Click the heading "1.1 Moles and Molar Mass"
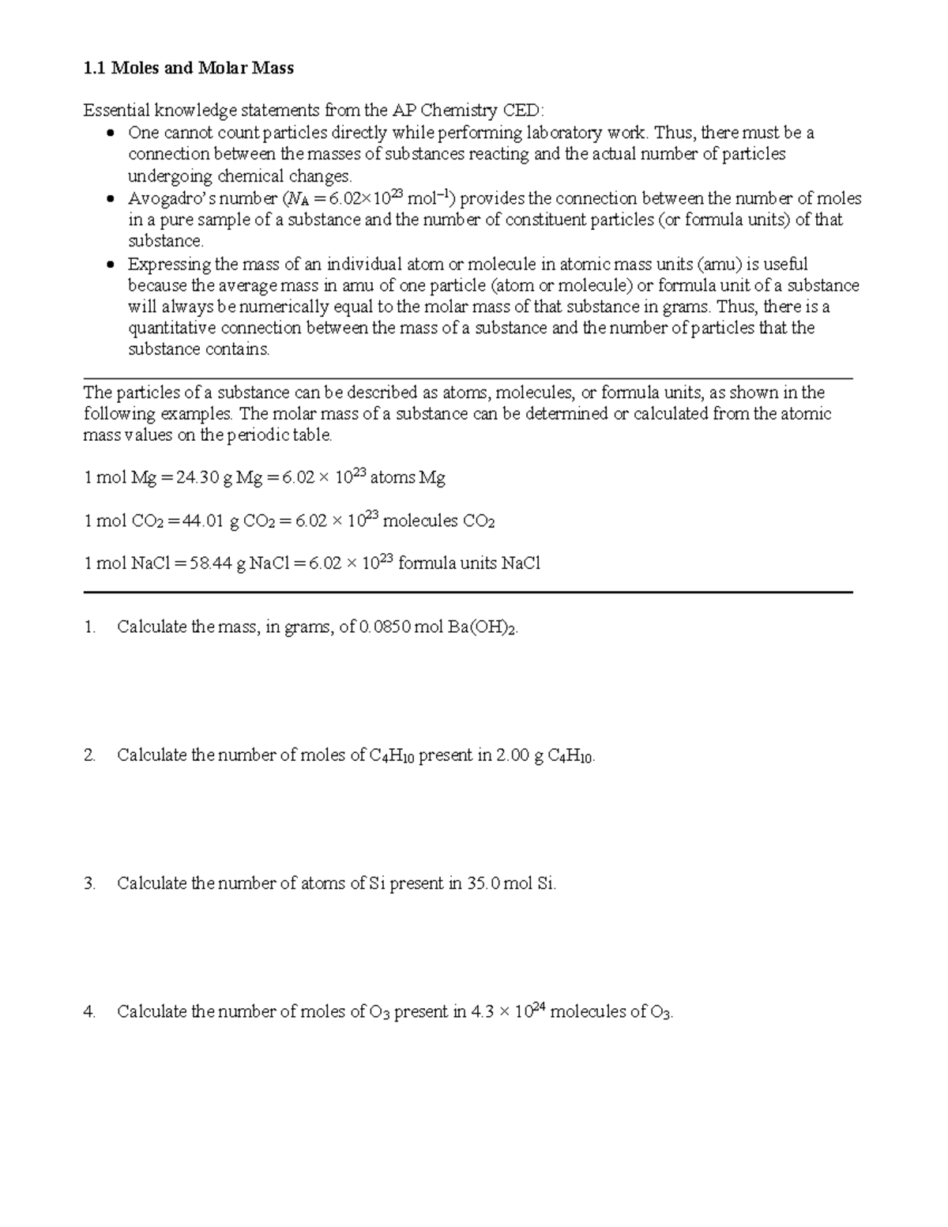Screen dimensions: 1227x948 click(x=188, y=68)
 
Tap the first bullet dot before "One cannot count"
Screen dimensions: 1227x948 click(x=111, y=133)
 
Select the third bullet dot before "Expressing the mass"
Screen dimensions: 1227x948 click(x=111, y=265)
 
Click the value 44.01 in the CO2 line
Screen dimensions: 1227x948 click(x=202, y=521)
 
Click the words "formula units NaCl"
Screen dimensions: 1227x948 click(x=469, y=563)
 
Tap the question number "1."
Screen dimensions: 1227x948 click(x=89, y=627)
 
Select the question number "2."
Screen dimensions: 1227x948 click(x=89, y=755)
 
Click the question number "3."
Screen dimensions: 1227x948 click(x=89, y=883)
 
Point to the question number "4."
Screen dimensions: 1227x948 click(x=89, y=1011)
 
